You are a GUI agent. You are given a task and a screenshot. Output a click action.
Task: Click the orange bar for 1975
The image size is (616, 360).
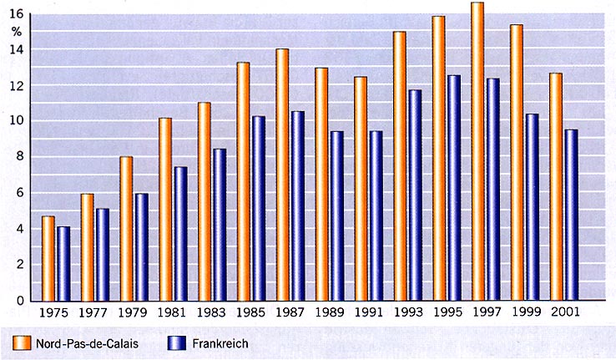(x=48, y=258)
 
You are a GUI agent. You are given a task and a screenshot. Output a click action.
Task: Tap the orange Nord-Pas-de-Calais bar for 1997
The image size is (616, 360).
(x=477, y=151)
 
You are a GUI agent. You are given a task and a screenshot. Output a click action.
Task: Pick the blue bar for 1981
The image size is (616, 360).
(x=180, y=234)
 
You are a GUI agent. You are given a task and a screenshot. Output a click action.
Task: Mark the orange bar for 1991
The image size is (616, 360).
(x=361, y=189)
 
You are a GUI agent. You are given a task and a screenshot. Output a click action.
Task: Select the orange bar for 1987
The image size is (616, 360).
(x=282, y=175)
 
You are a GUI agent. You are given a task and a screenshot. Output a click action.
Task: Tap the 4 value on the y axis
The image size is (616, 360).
(x=19, y=229)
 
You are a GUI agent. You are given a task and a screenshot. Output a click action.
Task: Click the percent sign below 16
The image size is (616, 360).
(x=18, y=32)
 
